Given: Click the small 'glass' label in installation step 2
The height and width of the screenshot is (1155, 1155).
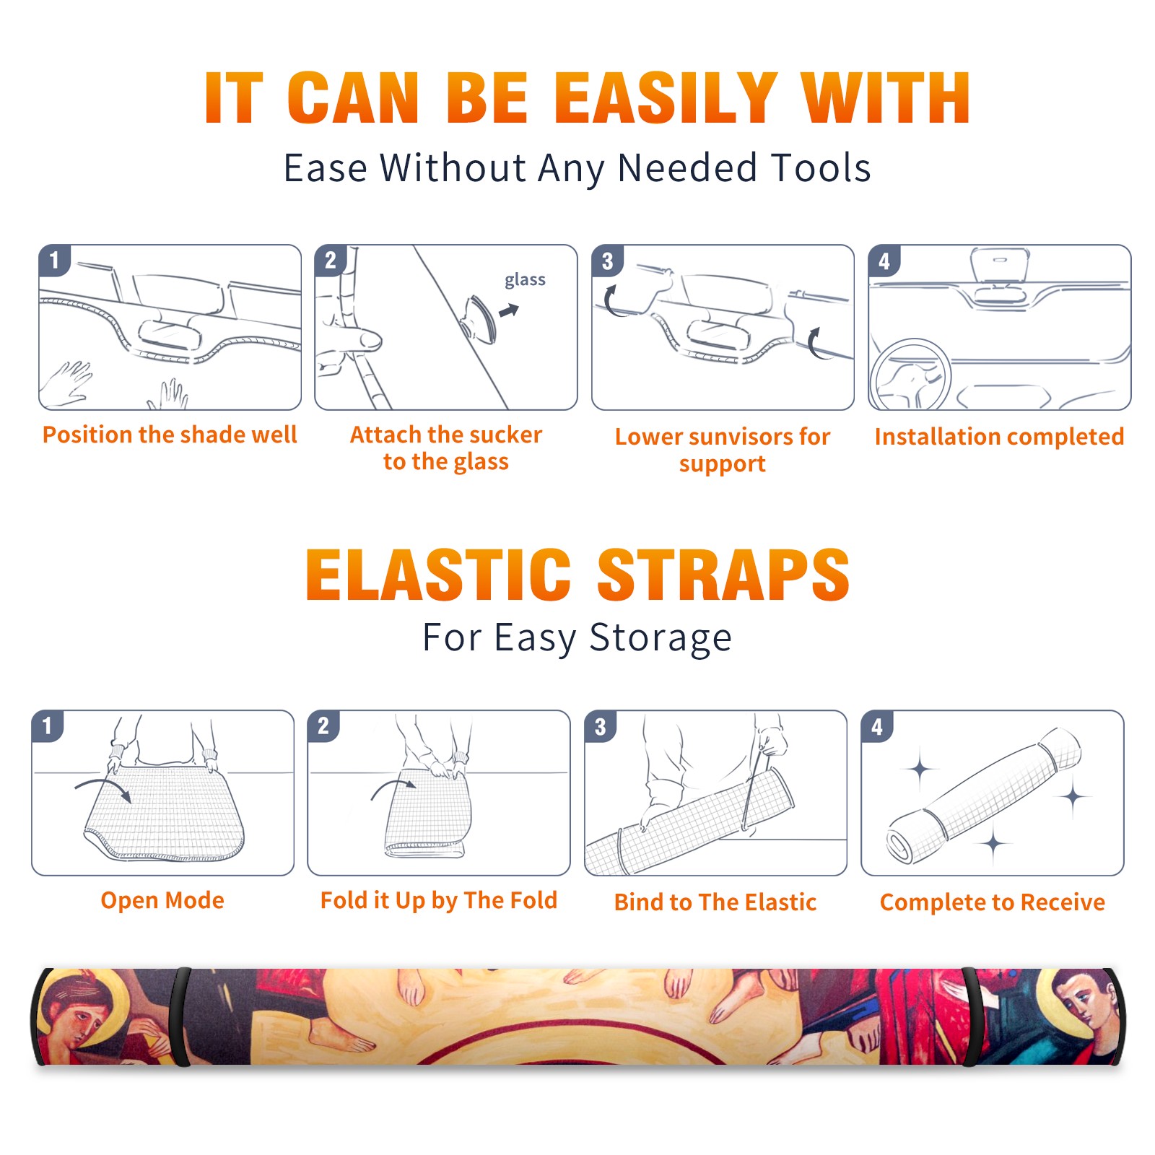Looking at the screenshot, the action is (x=525, y=280).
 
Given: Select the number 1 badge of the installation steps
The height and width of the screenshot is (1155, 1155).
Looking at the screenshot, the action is (x=54, y=259).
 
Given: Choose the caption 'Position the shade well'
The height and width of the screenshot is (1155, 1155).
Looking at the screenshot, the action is (x=170, y=435).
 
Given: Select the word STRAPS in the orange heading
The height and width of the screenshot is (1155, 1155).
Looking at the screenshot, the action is (x=723, y=575).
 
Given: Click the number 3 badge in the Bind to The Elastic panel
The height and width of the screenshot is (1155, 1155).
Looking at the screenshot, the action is (x=601, y=726).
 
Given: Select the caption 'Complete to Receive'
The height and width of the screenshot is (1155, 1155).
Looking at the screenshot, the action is (x=993, y=902).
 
